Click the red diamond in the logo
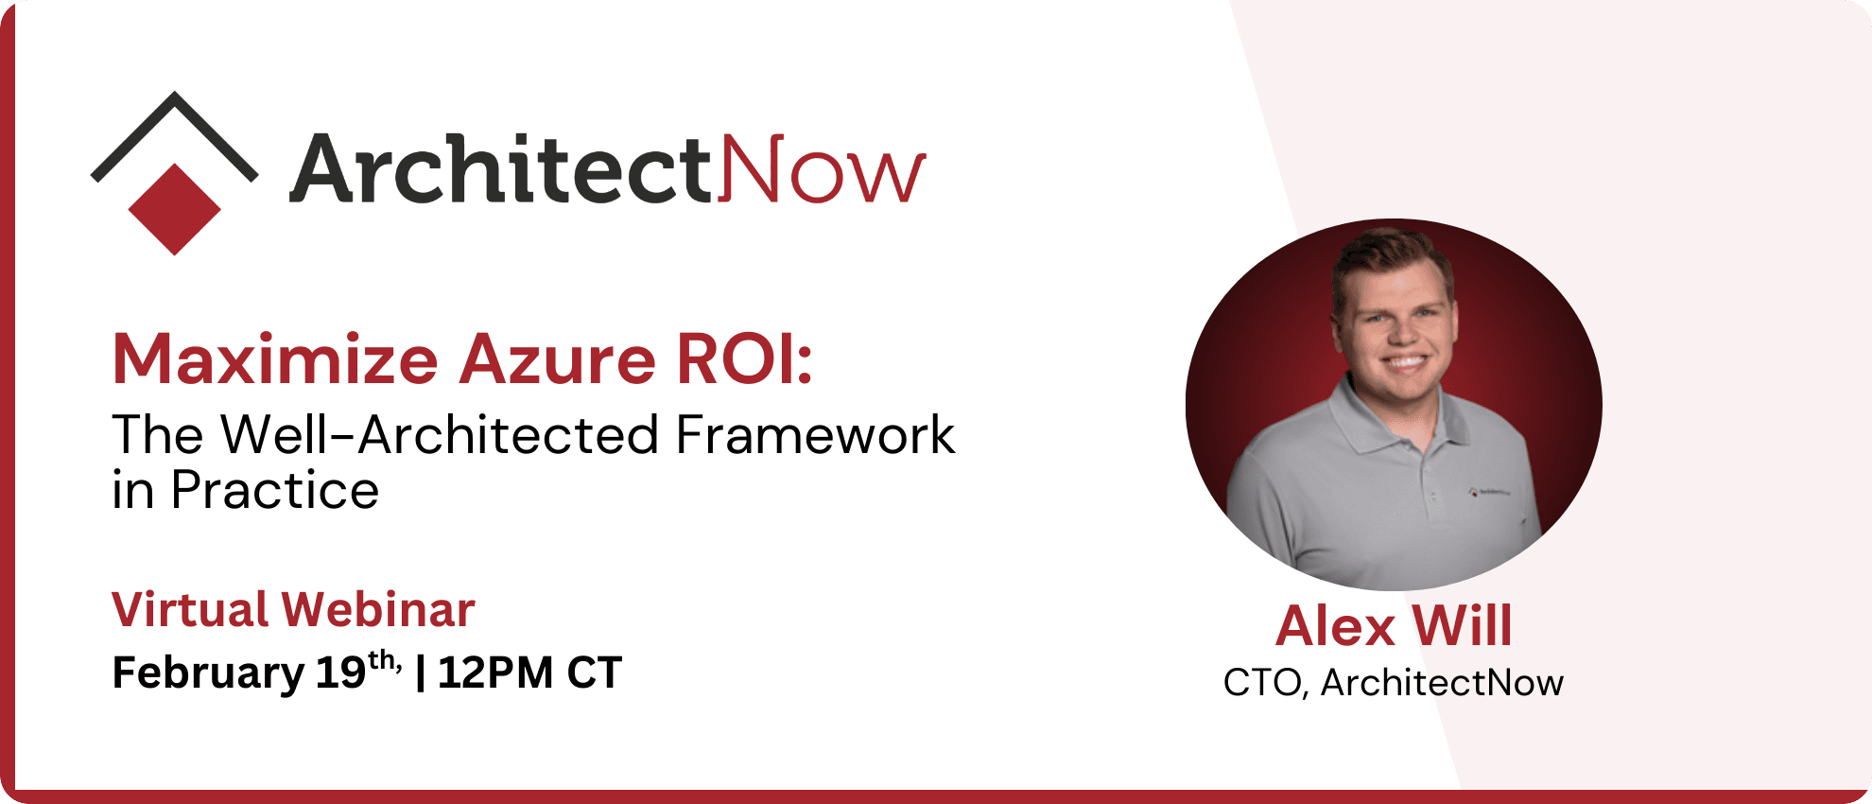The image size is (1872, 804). (174, 209)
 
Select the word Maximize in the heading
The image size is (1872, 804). (275, 360)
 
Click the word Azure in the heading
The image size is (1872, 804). (558, 360)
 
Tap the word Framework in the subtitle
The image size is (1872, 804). (815, 436)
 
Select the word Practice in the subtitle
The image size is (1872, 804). (274, 491)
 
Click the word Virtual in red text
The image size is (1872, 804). (190, 610)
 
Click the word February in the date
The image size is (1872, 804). (208, 673)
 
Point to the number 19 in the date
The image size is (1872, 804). (340, 673)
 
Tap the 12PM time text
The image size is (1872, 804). (495, 673)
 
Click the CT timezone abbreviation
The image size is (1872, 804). (594, 673)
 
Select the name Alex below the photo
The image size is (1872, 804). (1335, 626)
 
